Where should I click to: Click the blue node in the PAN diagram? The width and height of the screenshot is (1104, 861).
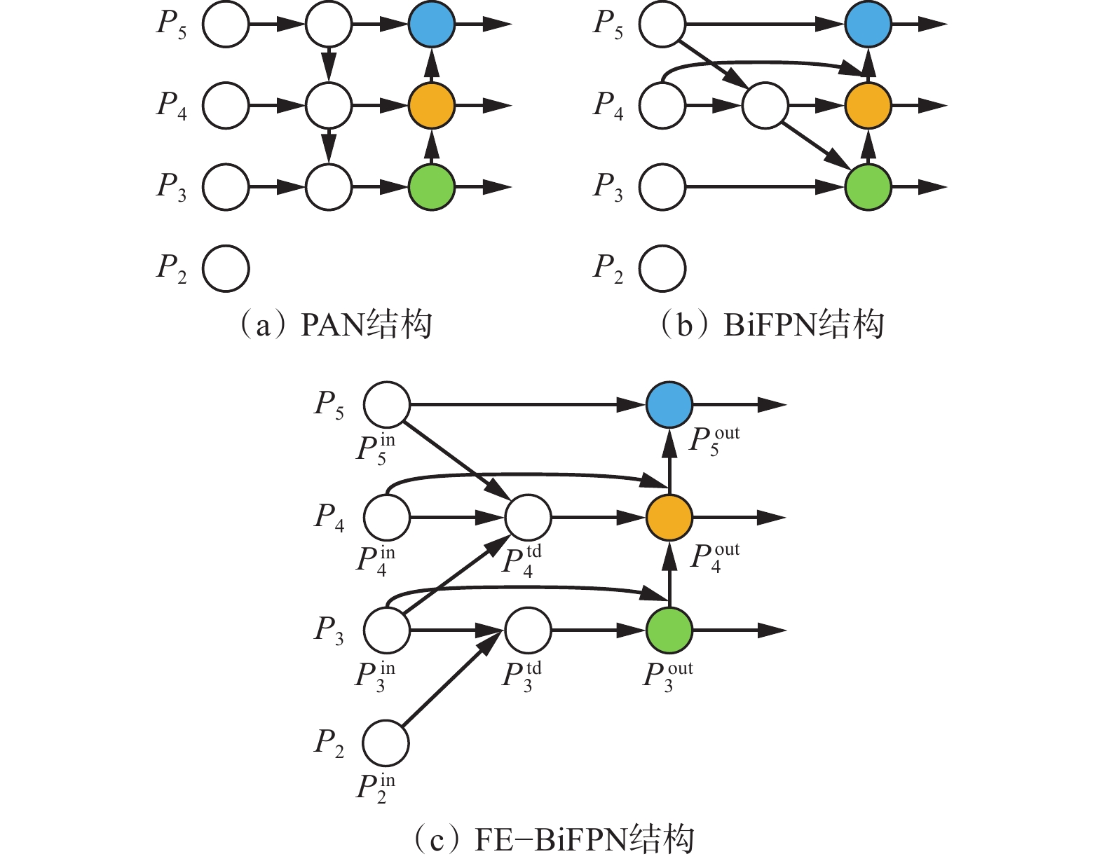[432, 24]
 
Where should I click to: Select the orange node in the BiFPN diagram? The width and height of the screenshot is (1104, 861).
[868, 106]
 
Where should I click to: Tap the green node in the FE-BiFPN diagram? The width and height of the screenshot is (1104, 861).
[669, 630]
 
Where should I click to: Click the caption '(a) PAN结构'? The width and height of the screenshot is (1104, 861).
[336, 325]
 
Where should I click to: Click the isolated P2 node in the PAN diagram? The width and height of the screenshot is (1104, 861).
[226, 268]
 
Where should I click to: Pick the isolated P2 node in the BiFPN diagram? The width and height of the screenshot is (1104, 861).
[662, 268]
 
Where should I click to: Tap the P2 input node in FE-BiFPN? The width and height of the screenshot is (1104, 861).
[386, 743]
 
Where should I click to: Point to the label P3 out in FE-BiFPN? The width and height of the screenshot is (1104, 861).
[667, 676]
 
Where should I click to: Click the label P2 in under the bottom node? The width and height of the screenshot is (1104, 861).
[376, 788]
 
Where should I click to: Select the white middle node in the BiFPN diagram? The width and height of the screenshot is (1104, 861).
[765, 106]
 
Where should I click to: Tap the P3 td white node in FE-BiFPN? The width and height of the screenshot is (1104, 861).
[528, 630]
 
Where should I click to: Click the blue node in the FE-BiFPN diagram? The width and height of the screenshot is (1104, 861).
[669, 405]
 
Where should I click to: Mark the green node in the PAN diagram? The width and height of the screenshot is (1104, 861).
[432, 187]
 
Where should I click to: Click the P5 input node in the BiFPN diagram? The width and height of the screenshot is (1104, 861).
[662, 24]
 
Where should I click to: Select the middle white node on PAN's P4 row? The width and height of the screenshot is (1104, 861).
[329, 106]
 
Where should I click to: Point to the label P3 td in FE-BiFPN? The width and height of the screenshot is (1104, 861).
[523, 676]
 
